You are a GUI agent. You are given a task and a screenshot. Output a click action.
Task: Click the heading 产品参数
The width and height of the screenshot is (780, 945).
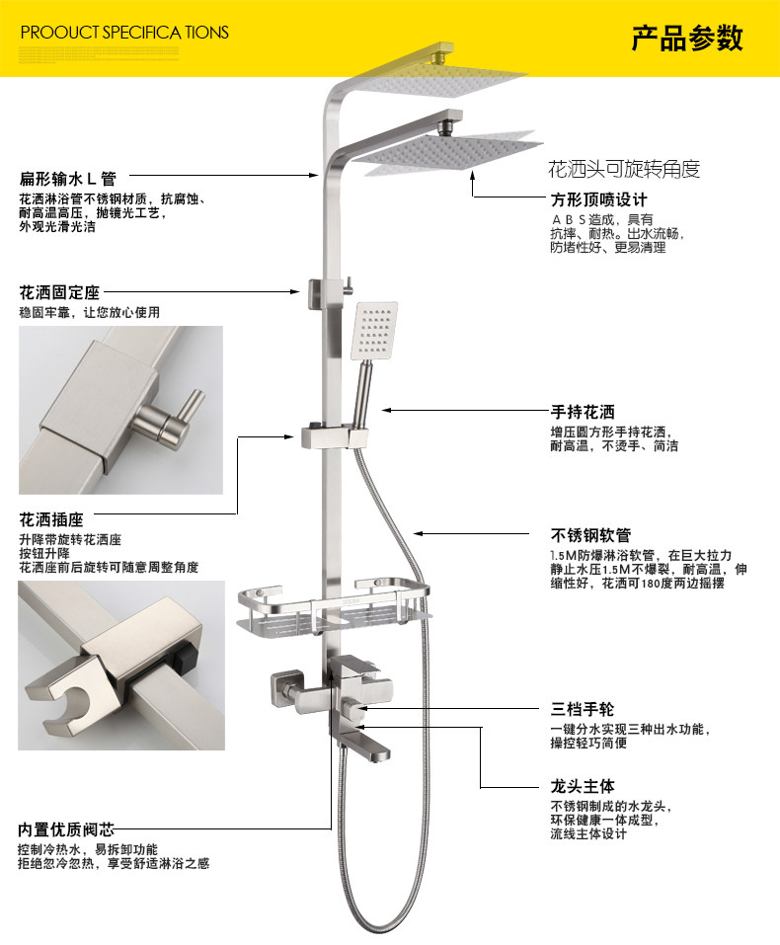[x=687, y=39]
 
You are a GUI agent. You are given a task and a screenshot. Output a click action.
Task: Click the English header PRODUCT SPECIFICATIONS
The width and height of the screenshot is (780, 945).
[x=124, y=33]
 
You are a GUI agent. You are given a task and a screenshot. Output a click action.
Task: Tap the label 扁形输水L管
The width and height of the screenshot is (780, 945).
[x=68, y=179]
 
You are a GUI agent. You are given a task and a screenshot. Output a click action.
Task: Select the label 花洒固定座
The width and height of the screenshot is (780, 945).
[x=59, y=293]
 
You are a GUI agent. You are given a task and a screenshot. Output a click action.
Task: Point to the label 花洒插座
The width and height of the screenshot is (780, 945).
[x=51, y=519]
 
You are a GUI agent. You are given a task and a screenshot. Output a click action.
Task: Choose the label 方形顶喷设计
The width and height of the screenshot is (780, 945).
[x=598, y=199]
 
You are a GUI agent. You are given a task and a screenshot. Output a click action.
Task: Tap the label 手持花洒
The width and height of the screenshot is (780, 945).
[x=583, y=412]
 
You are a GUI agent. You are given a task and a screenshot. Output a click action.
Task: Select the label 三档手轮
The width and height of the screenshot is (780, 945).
[x=583, y=708]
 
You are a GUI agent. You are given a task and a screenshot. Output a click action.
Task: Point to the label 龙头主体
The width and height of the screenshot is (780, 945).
[x=583, y=786]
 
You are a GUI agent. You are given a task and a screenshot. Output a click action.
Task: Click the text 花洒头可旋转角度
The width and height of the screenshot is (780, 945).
[x=624, y=169]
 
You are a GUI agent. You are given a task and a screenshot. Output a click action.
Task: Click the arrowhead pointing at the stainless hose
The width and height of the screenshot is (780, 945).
[x=418, y=534]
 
